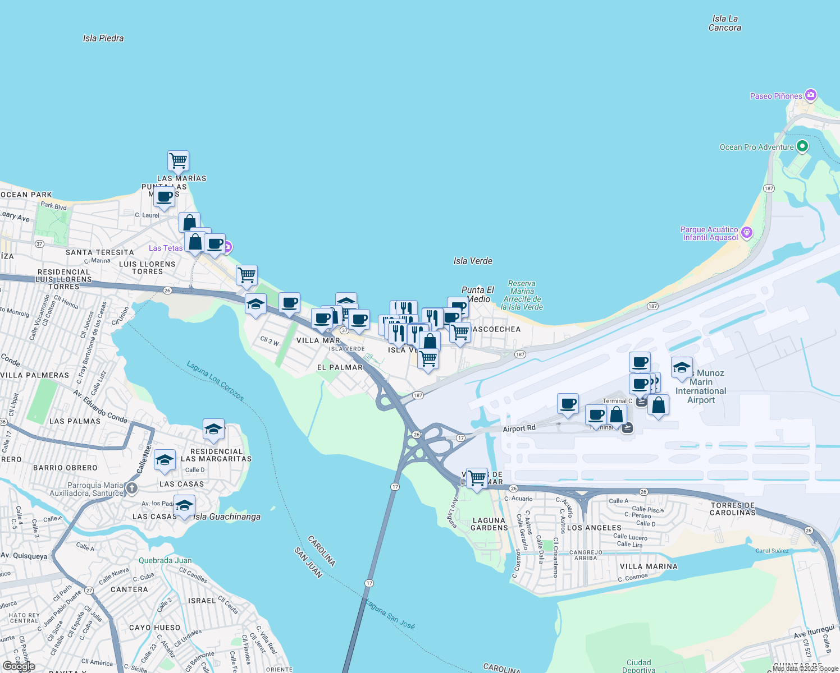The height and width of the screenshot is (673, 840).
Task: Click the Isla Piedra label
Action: coord(103,38)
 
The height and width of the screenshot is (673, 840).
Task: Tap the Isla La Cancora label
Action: coord(724,23)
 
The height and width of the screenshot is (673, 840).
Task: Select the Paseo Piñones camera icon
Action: coord(810,95)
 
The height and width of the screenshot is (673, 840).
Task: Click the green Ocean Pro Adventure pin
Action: coord(802,146)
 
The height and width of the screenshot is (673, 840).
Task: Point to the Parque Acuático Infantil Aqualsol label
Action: coord(710,233)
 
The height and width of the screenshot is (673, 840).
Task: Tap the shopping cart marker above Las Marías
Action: coord(178,160)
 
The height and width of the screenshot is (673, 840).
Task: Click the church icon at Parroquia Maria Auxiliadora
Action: coord(132,488)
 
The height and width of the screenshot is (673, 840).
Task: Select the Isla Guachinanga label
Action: coord(227,517)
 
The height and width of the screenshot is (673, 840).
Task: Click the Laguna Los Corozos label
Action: coord(216,381)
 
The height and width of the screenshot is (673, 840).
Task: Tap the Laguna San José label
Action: coord(390,614)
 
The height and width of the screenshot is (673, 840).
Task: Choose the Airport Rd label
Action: coord(519,428)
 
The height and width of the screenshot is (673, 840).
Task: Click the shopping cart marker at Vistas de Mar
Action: coord(477,478)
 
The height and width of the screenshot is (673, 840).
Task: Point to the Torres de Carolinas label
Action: coord(733,509)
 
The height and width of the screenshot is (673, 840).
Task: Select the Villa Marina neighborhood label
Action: coord(649,566)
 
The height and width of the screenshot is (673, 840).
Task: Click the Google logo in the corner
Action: coord(19,666)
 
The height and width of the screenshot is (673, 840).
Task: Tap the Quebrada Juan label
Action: coord(165,560)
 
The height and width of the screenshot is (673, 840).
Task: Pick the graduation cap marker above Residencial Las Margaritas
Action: coord(213,430)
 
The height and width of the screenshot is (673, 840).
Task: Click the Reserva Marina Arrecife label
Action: coord(522,295)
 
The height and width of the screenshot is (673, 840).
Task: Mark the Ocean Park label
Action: coord(26,195)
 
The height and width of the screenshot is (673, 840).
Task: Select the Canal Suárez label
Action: coord(771,551)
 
